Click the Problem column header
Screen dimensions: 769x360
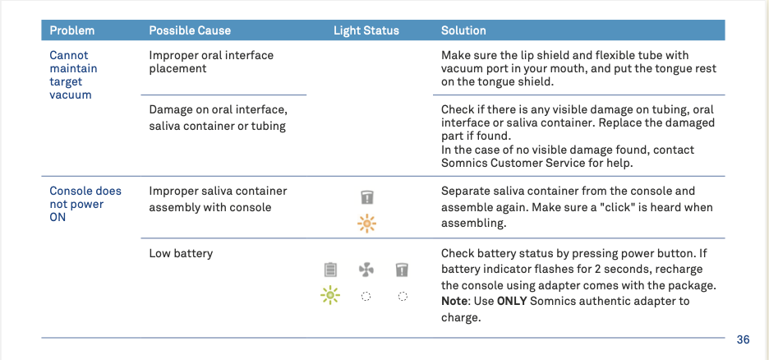[x=72, y=30]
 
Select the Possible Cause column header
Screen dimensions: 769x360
[x=190, y=30]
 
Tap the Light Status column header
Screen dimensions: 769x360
[x=366, y=30]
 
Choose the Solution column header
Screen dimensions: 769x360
[x=463, y=30]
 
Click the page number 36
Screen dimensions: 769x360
[x=743, y=339]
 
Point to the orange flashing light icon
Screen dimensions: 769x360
[x=367, y=224]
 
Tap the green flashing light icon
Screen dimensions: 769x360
[x=330, y=295]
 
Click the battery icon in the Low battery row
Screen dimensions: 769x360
[x=330, y=270]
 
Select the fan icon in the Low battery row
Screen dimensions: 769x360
[x=366, y=270]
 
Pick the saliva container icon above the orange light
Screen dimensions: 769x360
[x=367, y=197]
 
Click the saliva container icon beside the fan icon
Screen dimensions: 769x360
[x=402, y=270]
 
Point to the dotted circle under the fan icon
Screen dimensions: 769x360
[x=366, y=296]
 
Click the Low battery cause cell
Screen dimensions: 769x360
[x=181, y=254]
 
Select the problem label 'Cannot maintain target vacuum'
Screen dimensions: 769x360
[x=74, y=75]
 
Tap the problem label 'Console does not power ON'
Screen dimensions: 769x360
[x=85, y=204]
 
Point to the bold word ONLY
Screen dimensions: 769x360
[x=512, y=301]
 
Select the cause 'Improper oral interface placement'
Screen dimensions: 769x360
[x=211, y=62]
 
